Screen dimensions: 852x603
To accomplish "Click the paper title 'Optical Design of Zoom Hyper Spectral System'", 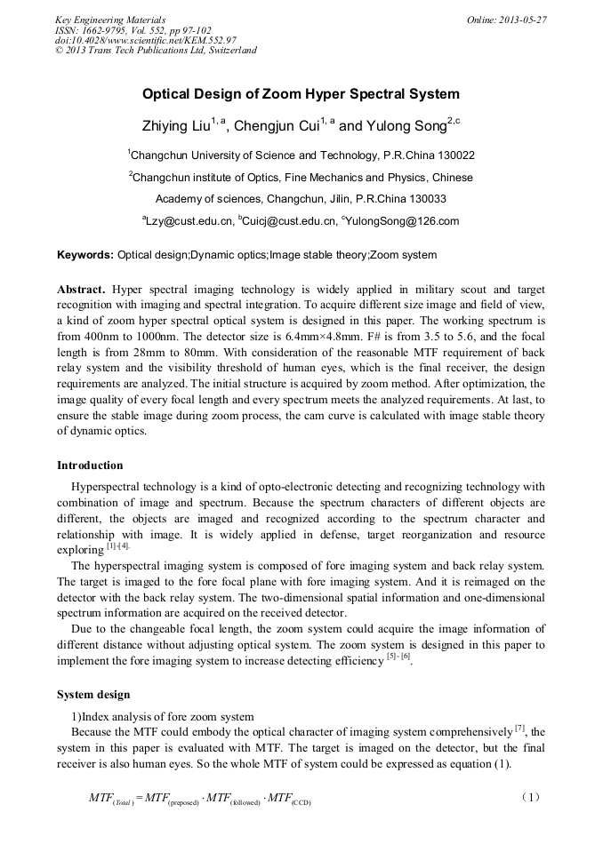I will click(301, 94).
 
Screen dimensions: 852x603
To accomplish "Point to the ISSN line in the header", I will click(119, 29).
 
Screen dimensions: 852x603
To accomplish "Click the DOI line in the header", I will click(145, 40).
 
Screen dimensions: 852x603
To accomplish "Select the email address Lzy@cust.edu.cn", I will click(188, 221).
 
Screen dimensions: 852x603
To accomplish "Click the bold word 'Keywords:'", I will click(85, 255).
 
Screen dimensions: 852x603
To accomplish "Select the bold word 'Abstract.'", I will click(82, 290).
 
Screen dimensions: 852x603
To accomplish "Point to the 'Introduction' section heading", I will click(90, 465).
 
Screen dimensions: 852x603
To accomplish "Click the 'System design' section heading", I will click(93, 694).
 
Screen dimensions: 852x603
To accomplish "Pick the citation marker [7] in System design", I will click(521, 729).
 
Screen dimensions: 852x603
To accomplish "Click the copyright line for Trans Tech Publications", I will click(156, 50).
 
